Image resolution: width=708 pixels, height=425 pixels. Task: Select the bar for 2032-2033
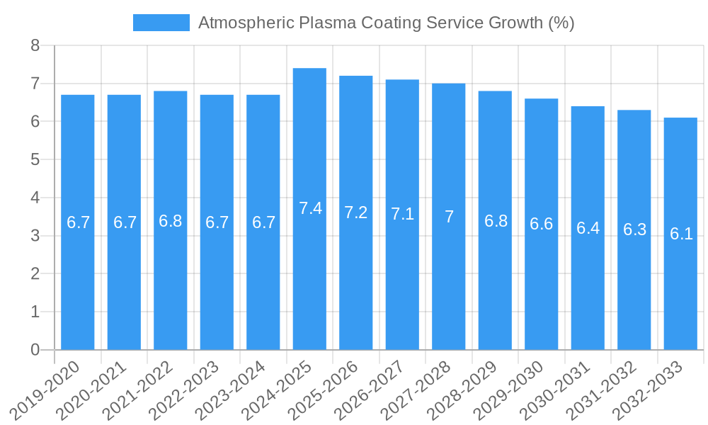(x=680, y=234)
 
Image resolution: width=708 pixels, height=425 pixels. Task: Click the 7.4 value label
(x=310, y=208)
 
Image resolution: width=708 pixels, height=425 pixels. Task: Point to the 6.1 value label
(x=681, y=234)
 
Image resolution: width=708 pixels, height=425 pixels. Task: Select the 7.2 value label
(x=356, y=212)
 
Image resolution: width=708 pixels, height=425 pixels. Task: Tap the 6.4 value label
(x=588, y=228)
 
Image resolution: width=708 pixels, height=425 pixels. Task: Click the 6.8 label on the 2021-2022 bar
(x=171, y=221)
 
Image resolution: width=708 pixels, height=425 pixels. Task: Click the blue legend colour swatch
(x=161, y=23)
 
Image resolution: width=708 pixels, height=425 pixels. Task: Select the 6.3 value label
(x=634, y=229)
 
